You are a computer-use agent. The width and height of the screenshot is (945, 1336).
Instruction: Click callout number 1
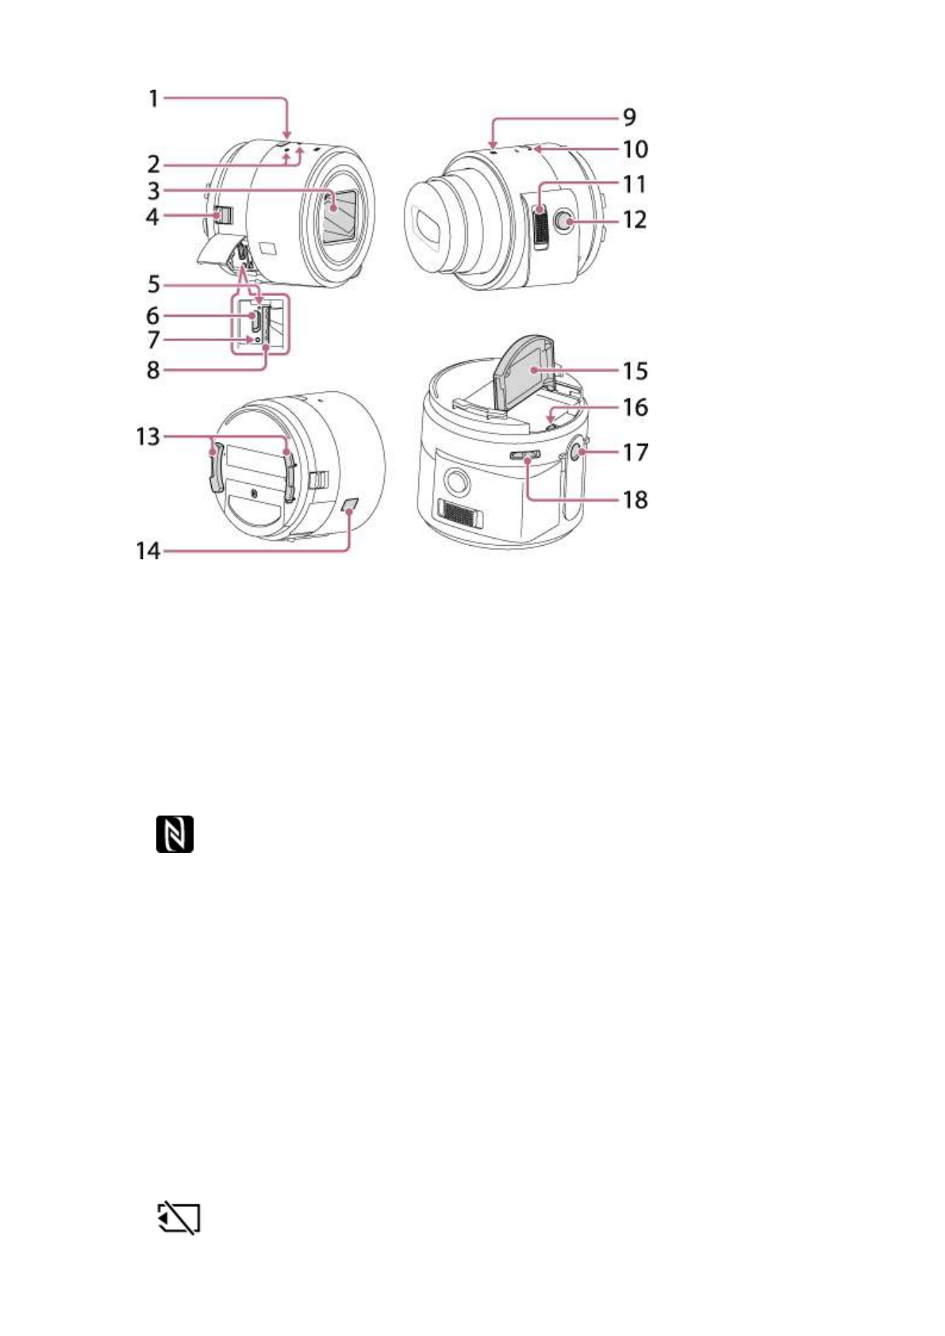coord(154,98)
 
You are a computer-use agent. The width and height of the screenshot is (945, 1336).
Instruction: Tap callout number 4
coord(152,217)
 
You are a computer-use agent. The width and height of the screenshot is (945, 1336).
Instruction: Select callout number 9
coord(629,117)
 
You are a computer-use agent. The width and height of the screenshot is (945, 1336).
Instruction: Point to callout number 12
coord(635,220)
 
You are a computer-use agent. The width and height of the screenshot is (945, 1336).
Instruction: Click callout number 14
coord(148,551)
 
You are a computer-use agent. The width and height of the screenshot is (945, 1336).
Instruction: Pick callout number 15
coord(636,371)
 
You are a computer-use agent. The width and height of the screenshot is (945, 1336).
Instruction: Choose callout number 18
coord(636,500)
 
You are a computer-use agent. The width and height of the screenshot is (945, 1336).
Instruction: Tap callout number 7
coord(153,340)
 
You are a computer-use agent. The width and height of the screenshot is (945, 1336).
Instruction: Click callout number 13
coord(148,437)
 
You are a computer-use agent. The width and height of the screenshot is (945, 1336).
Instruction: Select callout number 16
coord(636,408)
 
